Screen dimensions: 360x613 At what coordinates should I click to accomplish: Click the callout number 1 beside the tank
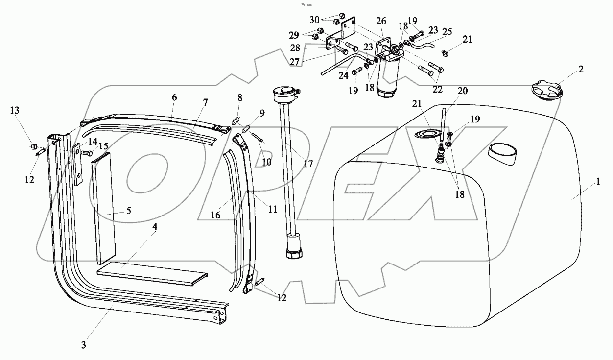point(598,182)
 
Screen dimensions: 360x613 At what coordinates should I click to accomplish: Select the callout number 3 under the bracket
point(83,345)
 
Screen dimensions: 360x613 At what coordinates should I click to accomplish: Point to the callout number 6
point(174,98)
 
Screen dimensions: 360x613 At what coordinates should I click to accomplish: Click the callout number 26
point(381,21)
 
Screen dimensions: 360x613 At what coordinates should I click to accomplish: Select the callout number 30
point(314,20)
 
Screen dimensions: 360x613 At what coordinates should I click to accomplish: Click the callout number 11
point(272,209)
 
